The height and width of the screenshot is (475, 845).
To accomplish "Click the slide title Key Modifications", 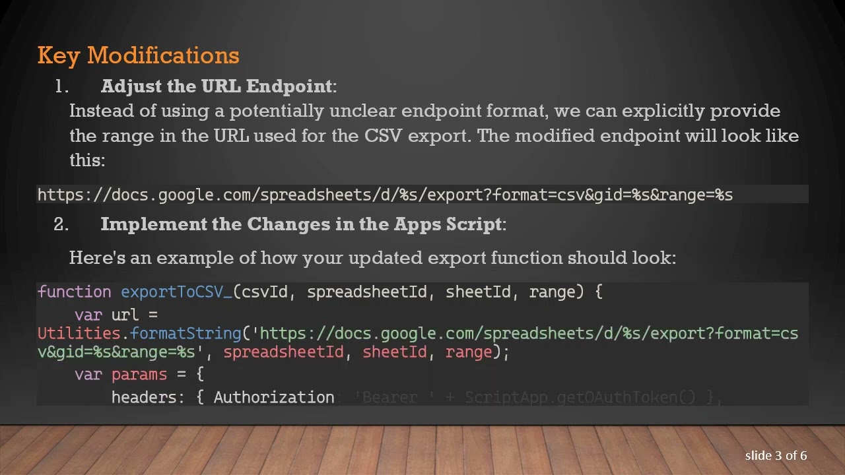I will pos(138,55).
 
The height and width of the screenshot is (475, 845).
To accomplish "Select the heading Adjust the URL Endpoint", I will pos(217,86).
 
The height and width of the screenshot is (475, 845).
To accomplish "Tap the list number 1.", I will pos(61,86).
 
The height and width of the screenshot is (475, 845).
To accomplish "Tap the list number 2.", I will pos(61,224).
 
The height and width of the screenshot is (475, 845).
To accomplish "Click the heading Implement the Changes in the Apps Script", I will pos(301,224).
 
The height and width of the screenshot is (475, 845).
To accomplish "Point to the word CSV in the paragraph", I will pos(380,136).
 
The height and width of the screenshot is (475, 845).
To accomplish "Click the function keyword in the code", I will pos(74,292).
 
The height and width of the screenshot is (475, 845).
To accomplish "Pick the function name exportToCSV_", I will pos(176,292).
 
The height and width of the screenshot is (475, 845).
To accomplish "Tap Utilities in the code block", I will pos(79,334).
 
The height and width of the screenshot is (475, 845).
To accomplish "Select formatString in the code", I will pos(186,334).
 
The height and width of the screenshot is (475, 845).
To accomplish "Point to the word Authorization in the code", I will pos(274,397).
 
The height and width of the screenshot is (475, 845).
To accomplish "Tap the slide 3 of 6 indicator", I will pos(776,456).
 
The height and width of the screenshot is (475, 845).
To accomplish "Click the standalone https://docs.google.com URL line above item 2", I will pos(385,195).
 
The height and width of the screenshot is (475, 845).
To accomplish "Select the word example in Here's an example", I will pos(195,258).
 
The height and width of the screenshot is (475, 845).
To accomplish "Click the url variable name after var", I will pos(125,315).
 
